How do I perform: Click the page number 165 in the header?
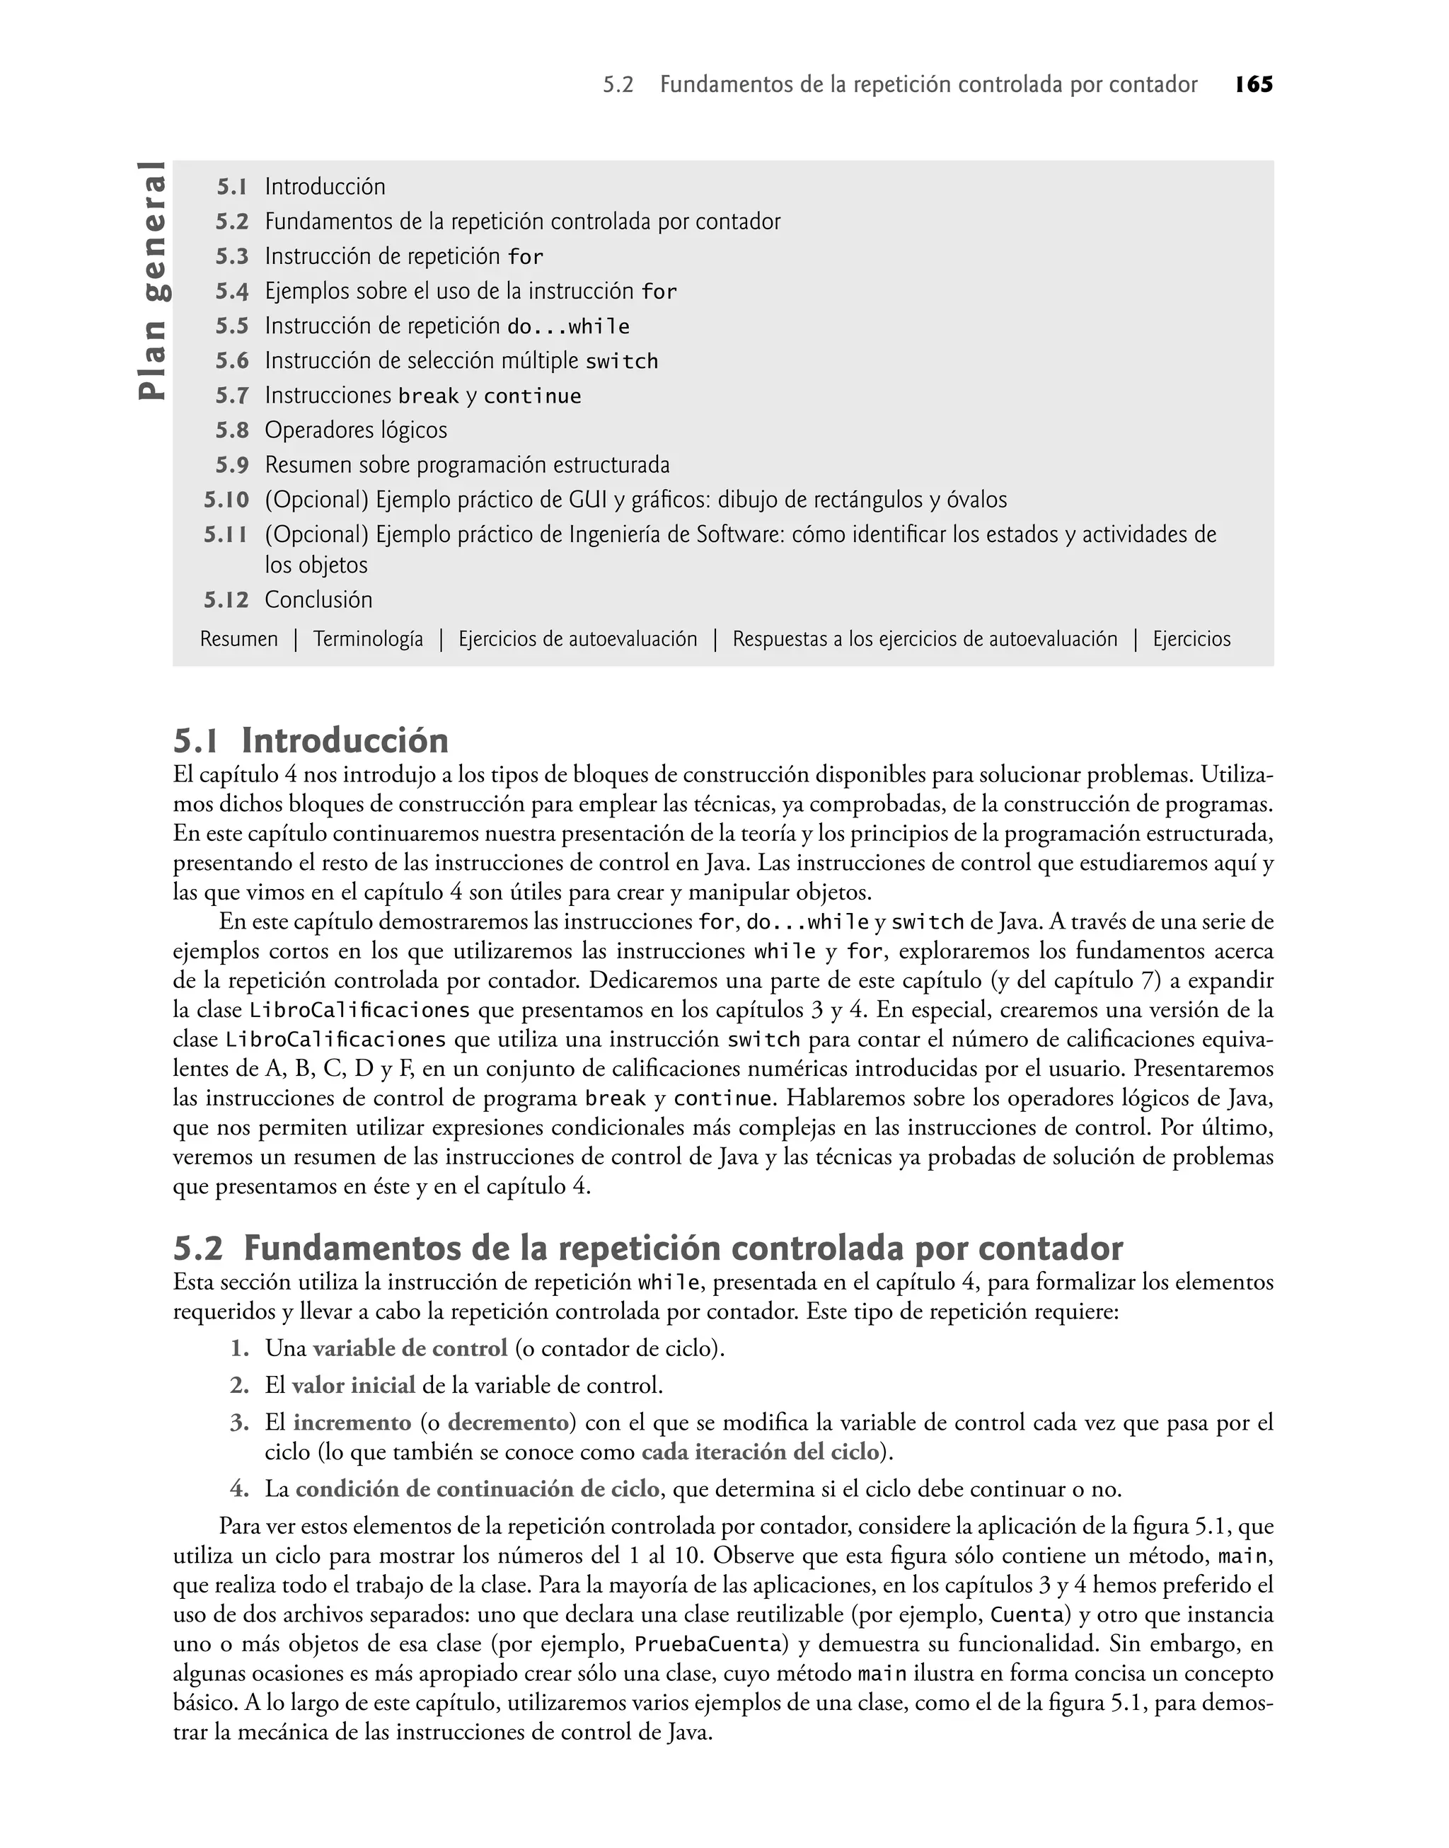1253,85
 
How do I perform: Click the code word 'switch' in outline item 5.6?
621,362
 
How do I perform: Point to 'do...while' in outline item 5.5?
567,327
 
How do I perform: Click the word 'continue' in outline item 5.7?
532,396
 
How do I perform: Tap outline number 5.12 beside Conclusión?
226,600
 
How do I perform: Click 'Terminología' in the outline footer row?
367,639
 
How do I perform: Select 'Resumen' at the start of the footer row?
238,639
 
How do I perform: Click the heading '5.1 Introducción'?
311,741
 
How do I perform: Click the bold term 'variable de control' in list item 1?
410,1348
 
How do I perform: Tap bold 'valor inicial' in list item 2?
353,1386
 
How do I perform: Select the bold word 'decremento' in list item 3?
507,1423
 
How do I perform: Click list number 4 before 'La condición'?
238,1489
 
